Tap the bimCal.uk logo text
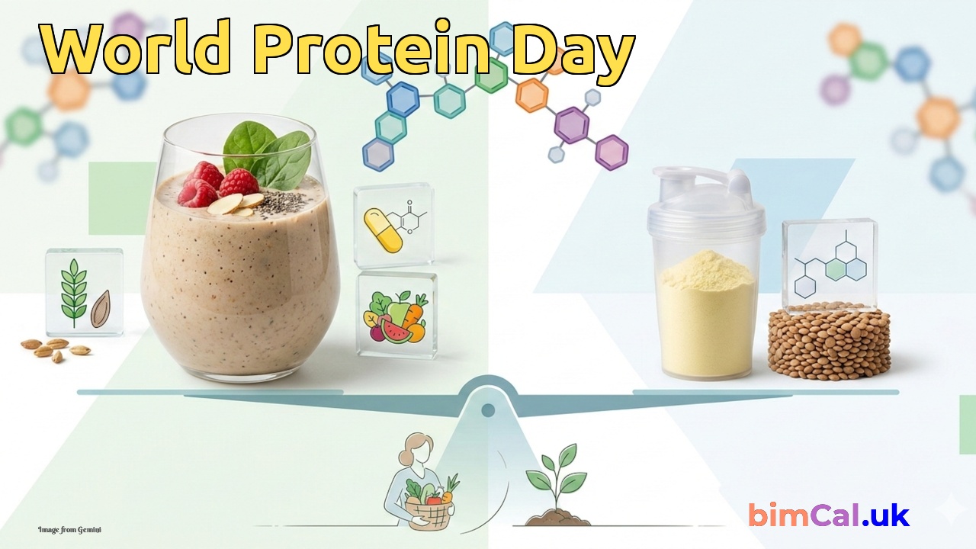click(x=829, y=515)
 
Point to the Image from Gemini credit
click(x=69, y=530)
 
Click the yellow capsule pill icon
click(x=383, y=230)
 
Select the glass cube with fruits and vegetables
click(x=396, y=315)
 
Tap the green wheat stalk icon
click(x=74, y=292)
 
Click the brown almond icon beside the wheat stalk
click(x=100, y=309)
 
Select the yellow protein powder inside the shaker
click(x=707, y=313)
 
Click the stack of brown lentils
click(x=829, y=342)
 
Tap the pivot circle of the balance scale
click(x=488, y=410)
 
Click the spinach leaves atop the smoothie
click(x=267, y=152)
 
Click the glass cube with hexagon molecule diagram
click(x=830, y=266)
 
